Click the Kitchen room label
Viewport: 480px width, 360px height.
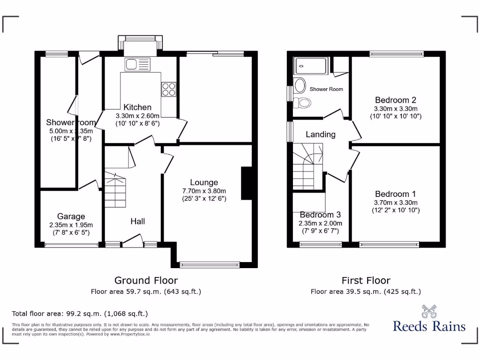(x=137, y=107)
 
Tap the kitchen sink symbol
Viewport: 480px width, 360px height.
(x=137, y=64)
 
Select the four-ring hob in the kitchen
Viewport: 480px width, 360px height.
(x=168, y=89)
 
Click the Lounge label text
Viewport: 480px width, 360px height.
(x=204, y=182)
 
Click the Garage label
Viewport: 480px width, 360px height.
(x=71, y=216)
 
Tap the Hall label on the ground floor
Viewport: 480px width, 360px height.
(x=137, y=221)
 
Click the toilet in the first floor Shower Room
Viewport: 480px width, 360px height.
(x=304, y=102)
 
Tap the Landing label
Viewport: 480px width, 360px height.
(x=321, y=135)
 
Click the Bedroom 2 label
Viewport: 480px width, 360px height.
(x=396, y=100)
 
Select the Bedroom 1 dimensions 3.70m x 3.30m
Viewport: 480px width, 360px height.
(x=396, y=202)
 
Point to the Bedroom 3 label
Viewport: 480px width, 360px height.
(x=321, y=215)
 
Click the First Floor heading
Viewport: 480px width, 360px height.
(x=366, y=280)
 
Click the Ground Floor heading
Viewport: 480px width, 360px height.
(x=146, y=280)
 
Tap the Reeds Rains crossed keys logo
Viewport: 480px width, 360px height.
(x=429, y=312)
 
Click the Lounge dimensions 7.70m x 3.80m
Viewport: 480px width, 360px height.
(x=204, y=191)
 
